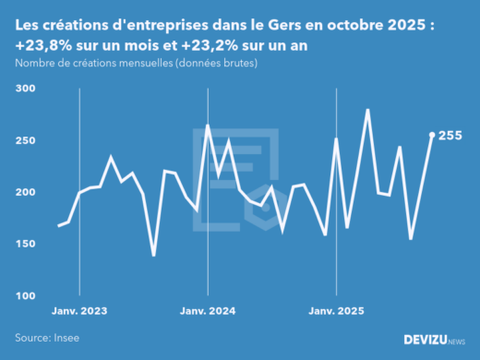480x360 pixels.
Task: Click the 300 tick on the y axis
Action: [25, 89]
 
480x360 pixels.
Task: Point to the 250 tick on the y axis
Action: [25, 140]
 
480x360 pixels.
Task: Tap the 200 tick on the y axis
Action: [25, 192]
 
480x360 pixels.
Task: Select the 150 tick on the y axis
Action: [25, 244]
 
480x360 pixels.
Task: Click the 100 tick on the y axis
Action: [25, 295]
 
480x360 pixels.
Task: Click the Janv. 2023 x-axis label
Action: [78, 311]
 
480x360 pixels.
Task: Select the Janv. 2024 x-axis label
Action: [207, 311]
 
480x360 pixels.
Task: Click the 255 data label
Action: [450, 136]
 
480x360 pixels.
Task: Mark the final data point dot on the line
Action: [432, 135]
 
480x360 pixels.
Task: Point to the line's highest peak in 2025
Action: [368, 110]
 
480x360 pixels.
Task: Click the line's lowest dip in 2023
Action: [153, 256]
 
